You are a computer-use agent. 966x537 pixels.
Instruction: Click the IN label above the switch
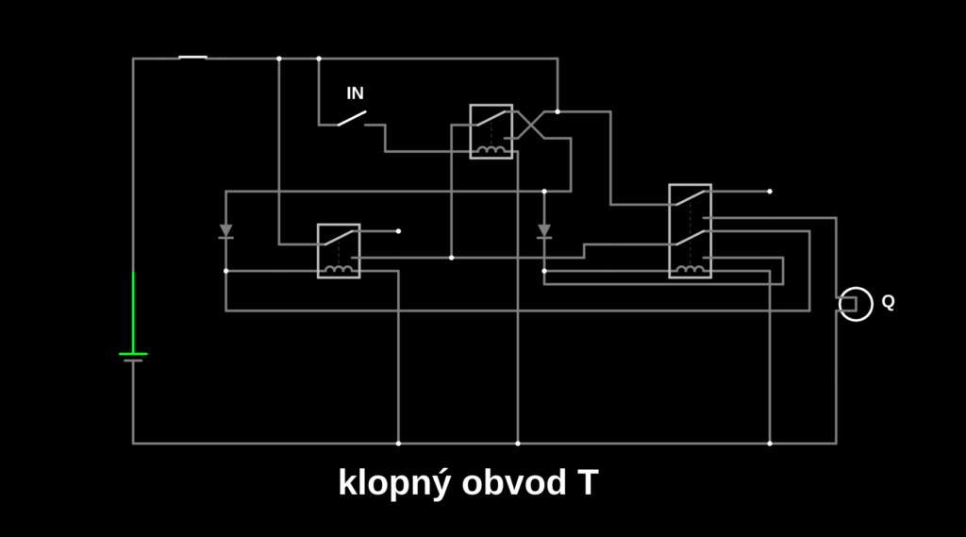click(x=355, y=93)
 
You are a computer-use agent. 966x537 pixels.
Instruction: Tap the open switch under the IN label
click(x=352, y=118)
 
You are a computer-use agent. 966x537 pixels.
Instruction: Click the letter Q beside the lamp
click(x=888, y=302)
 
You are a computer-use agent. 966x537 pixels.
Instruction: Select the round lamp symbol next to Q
click(x=856, y=303)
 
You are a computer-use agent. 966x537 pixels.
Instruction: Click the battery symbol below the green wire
click(x=133, y=357)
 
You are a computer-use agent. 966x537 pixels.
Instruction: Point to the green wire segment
click(x=133, y=311)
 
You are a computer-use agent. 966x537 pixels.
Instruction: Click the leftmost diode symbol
click(x=225, y=230)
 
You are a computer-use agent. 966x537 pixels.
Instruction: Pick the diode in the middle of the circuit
click(x=544, y=230)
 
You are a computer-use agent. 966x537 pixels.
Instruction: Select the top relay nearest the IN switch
click(x=491, y=131)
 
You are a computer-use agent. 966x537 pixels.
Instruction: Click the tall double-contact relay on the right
click(x=690, y=230)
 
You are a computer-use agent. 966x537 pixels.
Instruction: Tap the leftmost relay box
click(x=338, y=250)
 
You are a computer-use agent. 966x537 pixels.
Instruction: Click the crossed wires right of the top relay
click(x=530, y=125)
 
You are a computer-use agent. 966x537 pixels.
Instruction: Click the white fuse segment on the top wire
click(x=192, y=58)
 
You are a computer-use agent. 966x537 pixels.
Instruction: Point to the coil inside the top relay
click(x=491, y=149)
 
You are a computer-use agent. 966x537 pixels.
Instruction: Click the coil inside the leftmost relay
click(x=338, y=269)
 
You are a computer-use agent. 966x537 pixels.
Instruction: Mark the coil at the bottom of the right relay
click(x=690, y=269)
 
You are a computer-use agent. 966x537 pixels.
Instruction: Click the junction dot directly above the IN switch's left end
click(x=318, y=59)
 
